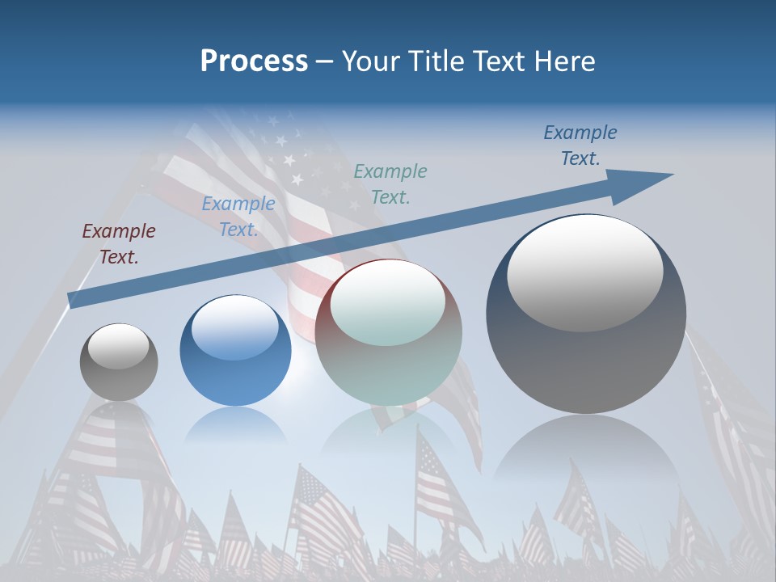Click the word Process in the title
coord(254,61)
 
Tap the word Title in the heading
coord(438,61)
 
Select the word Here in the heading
coord(565,61)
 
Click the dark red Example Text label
coord(119,244)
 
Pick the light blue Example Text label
coord(238,217)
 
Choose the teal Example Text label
coord(390,183)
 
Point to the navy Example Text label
coord(580,145)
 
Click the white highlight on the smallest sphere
coord(118,346)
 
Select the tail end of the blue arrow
coord(74,299)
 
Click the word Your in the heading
coord(373,61)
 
